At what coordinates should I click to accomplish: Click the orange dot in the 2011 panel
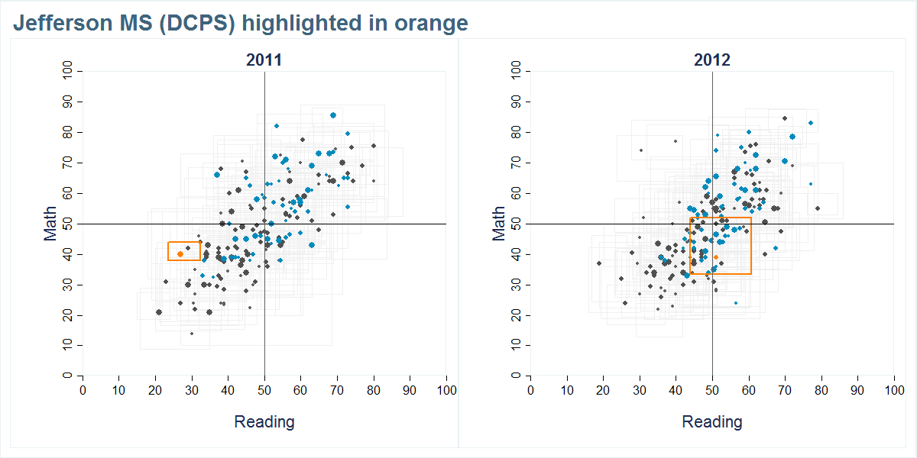tap(180, 253)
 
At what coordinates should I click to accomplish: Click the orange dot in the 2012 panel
tap(716, 257)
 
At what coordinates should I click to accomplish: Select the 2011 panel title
tap(264, 60)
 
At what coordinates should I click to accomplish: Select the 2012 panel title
tap(712, 60)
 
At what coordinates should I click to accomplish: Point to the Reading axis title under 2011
tap(264, 422)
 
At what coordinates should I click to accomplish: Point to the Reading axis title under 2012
tap(712, 422)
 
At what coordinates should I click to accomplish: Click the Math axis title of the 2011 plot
tap(51, 224)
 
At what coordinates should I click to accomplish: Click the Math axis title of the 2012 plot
tap(500, 224)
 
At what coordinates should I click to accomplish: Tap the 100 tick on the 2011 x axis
tap(446, 390)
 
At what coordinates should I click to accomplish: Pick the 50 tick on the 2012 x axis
tap(712, 390)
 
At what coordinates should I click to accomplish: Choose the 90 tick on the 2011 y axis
tap(68, 102)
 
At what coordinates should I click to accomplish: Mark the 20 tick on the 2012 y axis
tap(517, 315)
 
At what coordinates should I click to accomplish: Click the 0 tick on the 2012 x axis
tap(530, 390)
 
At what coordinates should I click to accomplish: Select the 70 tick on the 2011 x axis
tap(337, 390)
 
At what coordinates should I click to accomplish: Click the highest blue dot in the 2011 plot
tap(333, 115)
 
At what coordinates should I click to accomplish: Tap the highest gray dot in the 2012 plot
tap(785, 118)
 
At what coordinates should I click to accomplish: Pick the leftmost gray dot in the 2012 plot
tap(599, 263)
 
